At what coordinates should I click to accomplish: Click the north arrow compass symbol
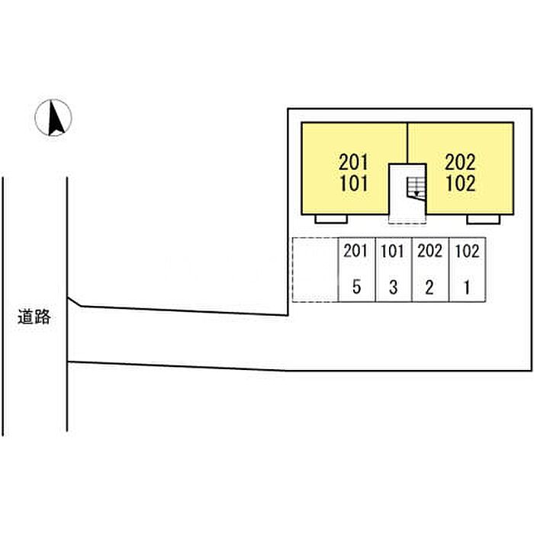[x=53, y=117]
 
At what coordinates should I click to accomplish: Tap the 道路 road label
[x=34, y=317]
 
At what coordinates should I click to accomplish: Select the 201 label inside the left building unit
[x=354, y=162]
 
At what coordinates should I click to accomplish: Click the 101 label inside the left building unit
[x=354, y=183]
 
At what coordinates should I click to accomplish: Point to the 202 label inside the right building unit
[x=460, y=162]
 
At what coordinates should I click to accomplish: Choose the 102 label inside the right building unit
[x=461, y=183]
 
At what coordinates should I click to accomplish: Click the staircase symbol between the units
[x=416, y=188]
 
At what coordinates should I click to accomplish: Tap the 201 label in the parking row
[x=355, y=251]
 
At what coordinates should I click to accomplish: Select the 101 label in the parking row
[x=392, y=251]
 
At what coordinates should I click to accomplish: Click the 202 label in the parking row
[x=429, y=251]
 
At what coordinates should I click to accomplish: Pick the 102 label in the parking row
[x=467, y=251]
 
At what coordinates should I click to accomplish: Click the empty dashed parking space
[x=315, y=269]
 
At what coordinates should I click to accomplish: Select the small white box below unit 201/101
[x=331, y=219]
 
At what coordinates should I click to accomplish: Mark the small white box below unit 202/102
[x=483, y=219]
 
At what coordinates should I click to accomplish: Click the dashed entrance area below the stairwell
[x=407, y=220]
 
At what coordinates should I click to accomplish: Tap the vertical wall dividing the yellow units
[x=407, y=143]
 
